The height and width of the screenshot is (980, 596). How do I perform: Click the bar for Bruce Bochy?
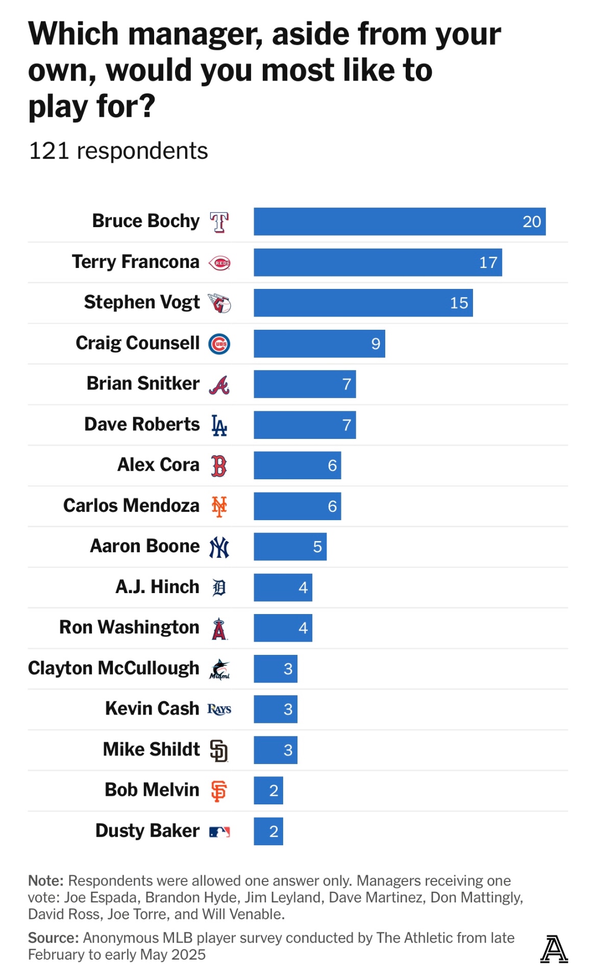[x=400, y=222]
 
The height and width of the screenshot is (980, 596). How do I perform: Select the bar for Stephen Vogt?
[x=363, y=303]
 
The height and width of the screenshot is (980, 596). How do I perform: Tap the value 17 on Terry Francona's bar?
[x=488, y=262]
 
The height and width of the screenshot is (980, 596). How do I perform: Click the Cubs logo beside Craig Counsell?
[x=219, y=344]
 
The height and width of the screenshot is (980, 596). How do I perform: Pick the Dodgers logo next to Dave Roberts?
[x=219, y=425]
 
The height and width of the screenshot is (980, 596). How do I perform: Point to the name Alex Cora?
[x=158, y=465]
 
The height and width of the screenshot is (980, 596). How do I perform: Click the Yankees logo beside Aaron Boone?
[x=219, y=547]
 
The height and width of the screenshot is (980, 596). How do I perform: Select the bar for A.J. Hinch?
[x=283, y=587]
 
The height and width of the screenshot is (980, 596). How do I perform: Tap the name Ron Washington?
[x=129, y=627]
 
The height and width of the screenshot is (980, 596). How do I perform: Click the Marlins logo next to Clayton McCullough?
[x=219, y=669]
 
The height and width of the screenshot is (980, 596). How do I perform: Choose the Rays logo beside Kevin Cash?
[x=219, y=709]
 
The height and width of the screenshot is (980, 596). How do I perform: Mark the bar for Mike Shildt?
[x=276, y=750]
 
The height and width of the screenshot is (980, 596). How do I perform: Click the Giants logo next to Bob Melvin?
[x=219, y=791]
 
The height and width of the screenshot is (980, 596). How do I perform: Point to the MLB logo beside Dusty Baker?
[x=219, y=831]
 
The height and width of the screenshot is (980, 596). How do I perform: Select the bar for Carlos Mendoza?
[x=297, y=506]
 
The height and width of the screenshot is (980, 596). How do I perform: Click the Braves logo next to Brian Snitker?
[x=219, y=384]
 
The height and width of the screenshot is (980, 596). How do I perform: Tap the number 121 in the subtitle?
[x=49, y=151]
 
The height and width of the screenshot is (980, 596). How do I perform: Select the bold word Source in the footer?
[x=53, y=938]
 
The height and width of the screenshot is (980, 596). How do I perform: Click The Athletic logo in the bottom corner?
[x=554, y=949]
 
